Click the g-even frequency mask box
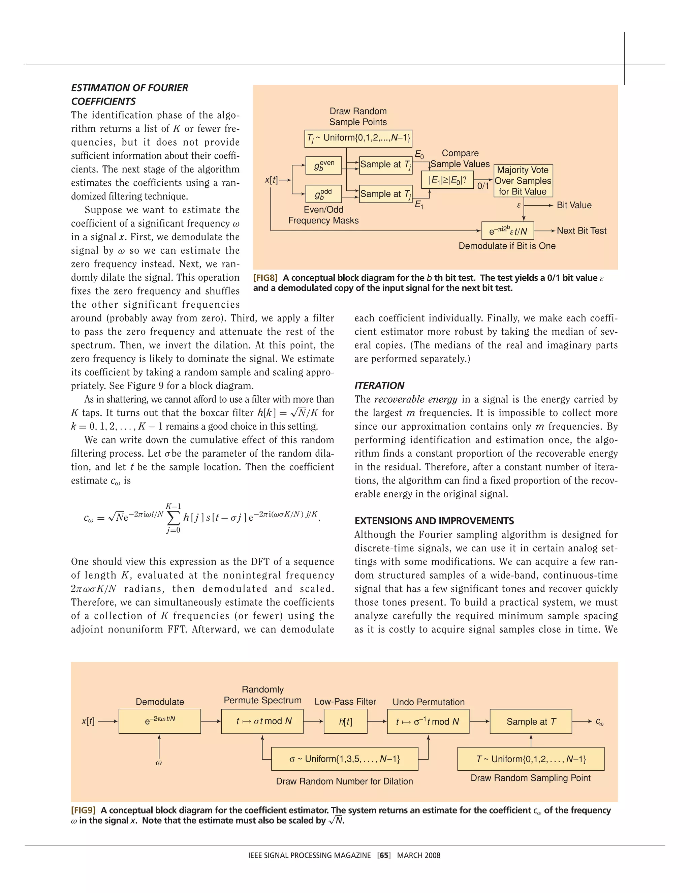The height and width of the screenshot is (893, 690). pos(323,165)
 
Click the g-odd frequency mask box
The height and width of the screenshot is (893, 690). pos(323,194)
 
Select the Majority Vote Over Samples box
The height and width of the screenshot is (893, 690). pos(523,181)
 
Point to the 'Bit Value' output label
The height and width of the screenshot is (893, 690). pos(574,205)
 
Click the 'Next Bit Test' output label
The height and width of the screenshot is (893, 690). pos(581,230)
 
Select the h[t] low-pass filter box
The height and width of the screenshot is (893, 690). pos(345,722)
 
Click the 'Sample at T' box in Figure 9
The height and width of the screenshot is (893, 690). pos(531,722)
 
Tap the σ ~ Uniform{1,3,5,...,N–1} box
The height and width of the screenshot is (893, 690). pos(345,759)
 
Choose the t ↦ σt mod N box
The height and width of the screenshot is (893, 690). pos(262,722)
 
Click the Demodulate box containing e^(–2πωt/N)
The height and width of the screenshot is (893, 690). pos(159,722)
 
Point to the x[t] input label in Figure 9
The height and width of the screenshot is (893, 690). pos(88,722)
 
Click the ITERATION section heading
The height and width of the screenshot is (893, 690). pos(379,386)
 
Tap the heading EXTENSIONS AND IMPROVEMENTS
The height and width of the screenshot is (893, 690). pos(434,521)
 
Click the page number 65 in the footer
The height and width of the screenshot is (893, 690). pos(384,855)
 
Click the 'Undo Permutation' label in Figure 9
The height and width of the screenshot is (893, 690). pos(429,702)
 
